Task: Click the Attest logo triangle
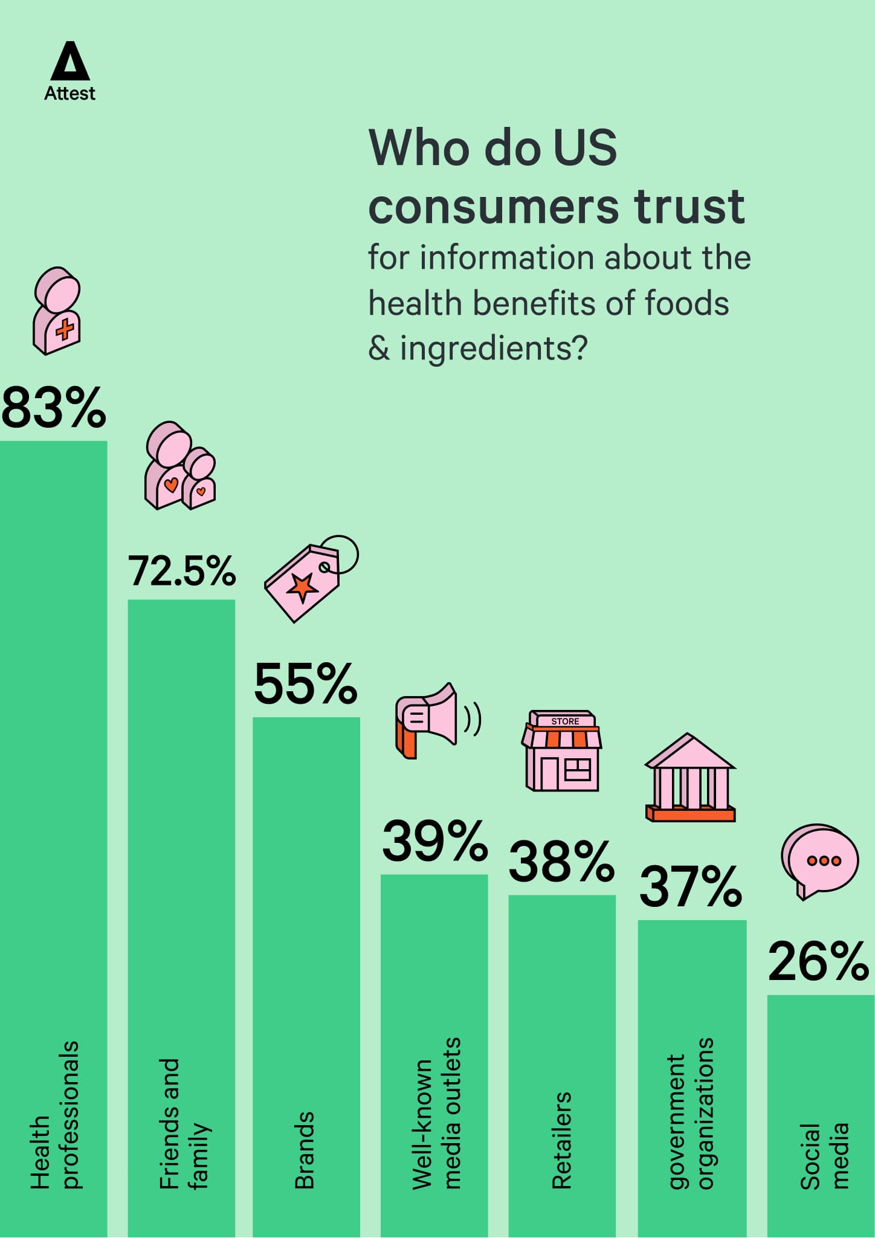[x=70, y=62]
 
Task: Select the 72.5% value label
[x=181, y=571]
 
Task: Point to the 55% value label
[x=306, y=684]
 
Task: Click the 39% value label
[x=434, y=841]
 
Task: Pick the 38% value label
[x=561, y=861]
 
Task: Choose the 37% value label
[x=691, y=886]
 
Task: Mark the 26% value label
[x=818, y=961]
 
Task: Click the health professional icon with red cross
[x=57, y=311]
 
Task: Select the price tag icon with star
[x=311, y=579]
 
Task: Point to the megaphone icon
[x=434, y=720]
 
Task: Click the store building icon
[x=562, y=751]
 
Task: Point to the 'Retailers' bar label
[x=562, y=1140]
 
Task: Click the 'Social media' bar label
[x=824, y=1156]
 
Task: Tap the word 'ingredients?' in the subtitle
[x=493, y=349]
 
